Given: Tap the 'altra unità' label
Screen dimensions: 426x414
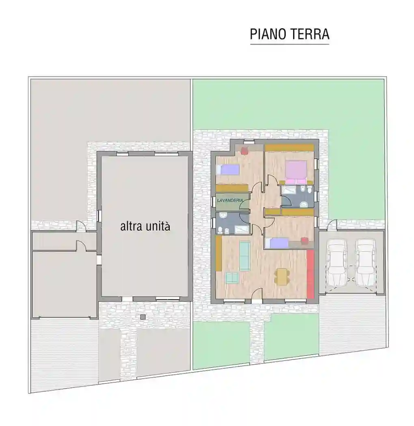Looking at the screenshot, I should pos(145,226).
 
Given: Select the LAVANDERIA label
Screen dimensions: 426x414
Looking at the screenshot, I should pos(230,200).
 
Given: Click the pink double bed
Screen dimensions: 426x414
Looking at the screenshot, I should pos(296,171).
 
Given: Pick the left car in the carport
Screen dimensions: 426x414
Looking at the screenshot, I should pos(337,262).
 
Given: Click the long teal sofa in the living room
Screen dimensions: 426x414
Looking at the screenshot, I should pos(245,256).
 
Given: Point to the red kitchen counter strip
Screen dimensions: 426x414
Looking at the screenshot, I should pos(311,274).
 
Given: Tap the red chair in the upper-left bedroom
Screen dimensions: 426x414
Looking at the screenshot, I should pos(245,151).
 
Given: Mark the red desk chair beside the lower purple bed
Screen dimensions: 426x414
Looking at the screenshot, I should pos(304,241).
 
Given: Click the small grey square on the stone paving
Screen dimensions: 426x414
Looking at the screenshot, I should pos(142,316).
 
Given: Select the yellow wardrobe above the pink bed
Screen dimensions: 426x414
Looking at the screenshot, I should pos(289,147).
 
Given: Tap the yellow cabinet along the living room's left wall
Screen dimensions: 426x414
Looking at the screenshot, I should pos(218,254).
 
